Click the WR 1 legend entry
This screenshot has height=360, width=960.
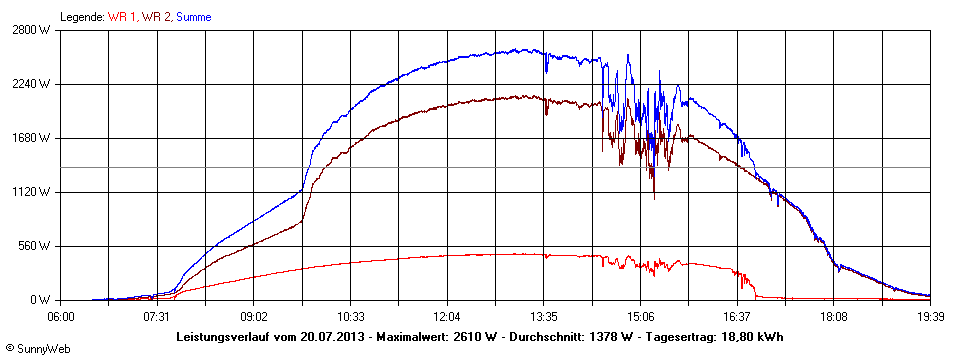123,17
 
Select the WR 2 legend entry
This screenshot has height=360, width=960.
156,17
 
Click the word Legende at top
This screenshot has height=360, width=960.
82,17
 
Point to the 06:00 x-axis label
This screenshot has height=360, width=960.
61,316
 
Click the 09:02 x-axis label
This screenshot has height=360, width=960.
254,316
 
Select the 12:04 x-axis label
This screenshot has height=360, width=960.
447,316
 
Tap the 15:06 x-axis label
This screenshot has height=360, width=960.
640,316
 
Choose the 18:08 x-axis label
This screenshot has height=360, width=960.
833,316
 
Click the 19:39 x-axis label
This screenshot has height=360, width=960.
929,316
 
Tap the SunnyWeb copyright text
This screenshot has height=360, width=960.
34,349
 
